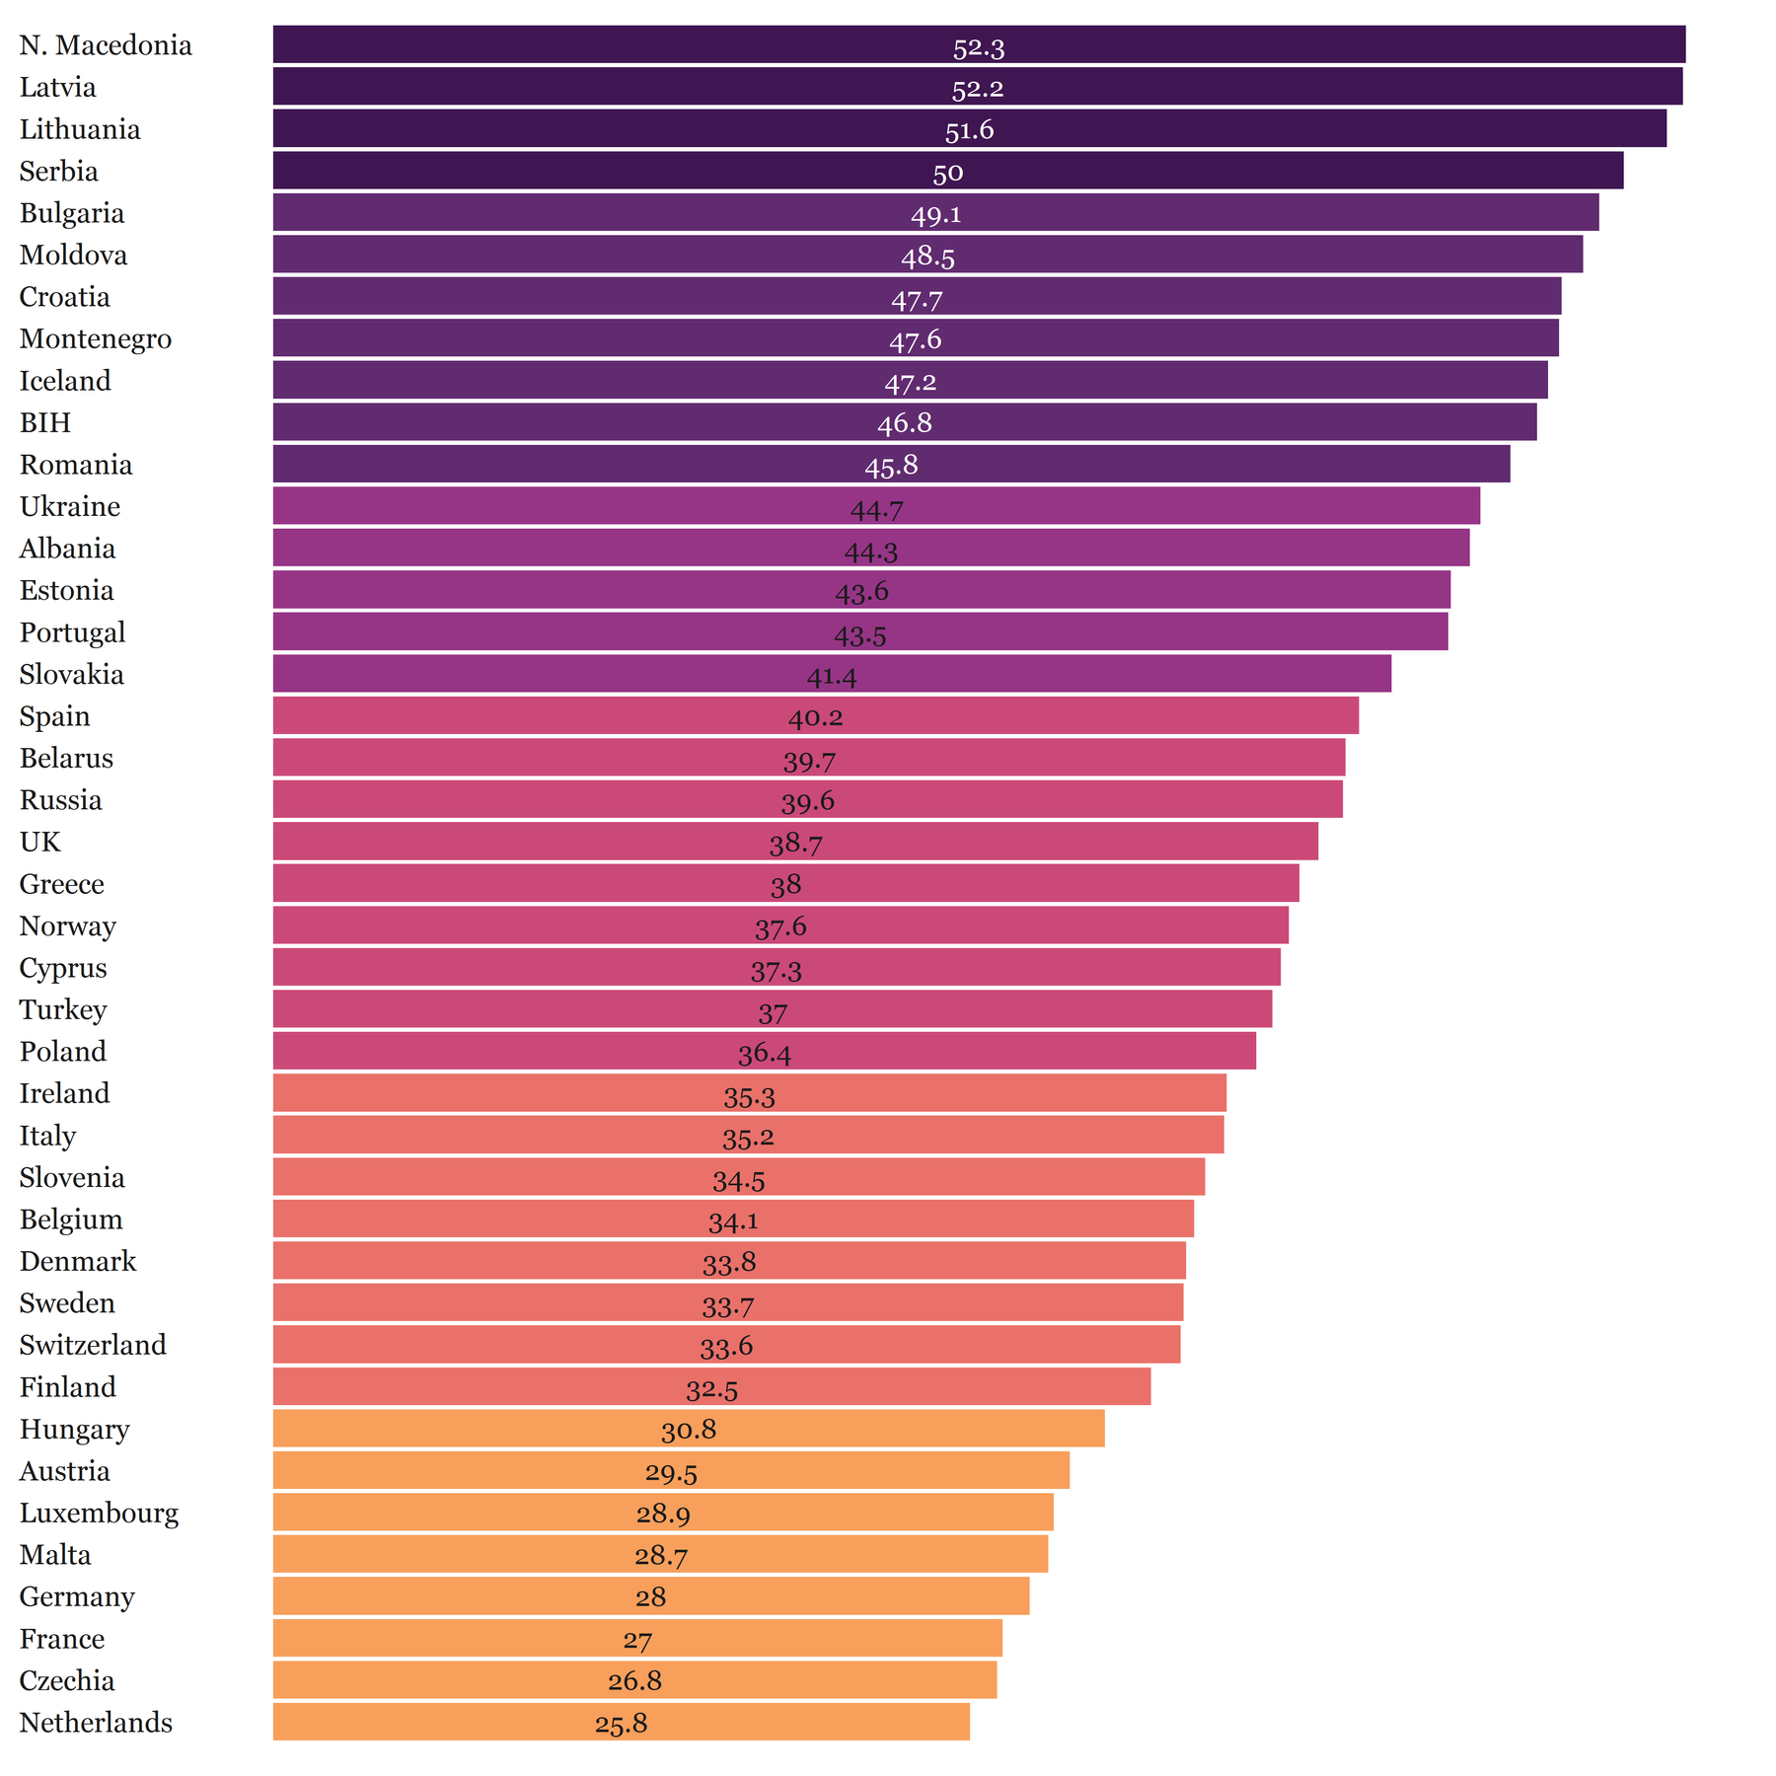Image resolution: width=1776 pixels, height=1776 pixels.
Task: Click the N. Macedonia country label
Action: tap(106, 45)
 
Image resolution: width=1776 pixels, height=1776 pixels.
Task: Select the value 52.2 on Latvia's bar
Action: tap(977, 89)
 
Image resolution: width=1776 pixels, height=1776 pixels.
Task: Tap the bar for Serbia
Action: tap(947, 171)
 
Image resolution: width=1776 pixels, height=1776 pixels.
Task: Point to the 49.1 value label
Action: tap(935, 214)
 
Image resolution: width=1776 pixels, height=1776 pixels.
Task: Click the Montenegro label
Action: tap(96, 338)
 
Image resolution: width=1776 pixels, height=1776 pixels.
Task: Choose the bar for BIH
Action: tap(904, 422)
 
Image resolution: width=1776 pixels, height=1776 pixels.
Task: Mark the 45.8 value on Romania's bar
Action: tap(891, 466)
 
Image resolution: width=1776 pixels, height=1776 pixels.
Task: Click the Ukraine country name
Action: tap(70, 506)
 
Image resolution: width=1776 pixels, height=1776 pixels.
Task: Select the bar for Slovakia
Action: tap(831, 674)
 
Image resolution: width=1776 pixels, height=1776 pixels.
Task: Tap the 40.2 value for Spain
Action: tap(815, 717)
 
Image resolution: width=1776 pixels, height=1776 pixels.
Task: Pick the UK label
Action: tap(40, 842)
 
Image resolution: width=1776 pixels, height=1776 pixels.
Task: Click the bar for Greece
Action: tap(785, 883)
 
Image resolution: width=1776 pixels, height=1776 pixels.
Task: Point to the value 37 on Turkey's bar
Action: tap(773, 1013)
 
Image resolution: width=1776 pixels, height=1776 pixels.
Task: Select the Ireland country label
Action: tap(65, 1093)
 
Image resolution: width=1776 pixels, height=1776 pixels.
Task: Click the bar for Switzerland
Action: tap(726, 1345)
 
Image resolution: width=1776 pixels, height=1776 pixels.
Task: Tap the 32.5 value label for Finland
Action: tap(711, 1390)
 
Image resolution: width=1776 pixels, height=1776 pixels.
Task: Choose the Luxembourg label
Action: tap(100, 1513)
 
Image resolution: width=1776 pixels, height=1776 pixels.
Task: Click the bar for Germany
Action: tap(650, 1596)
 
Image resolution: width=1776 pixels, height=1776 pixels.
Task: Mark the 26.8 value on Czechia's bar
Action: tap(634, 1681)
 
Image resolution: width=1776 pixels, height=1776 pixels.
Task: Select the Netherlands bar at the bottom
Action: tap(621, 1722)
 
